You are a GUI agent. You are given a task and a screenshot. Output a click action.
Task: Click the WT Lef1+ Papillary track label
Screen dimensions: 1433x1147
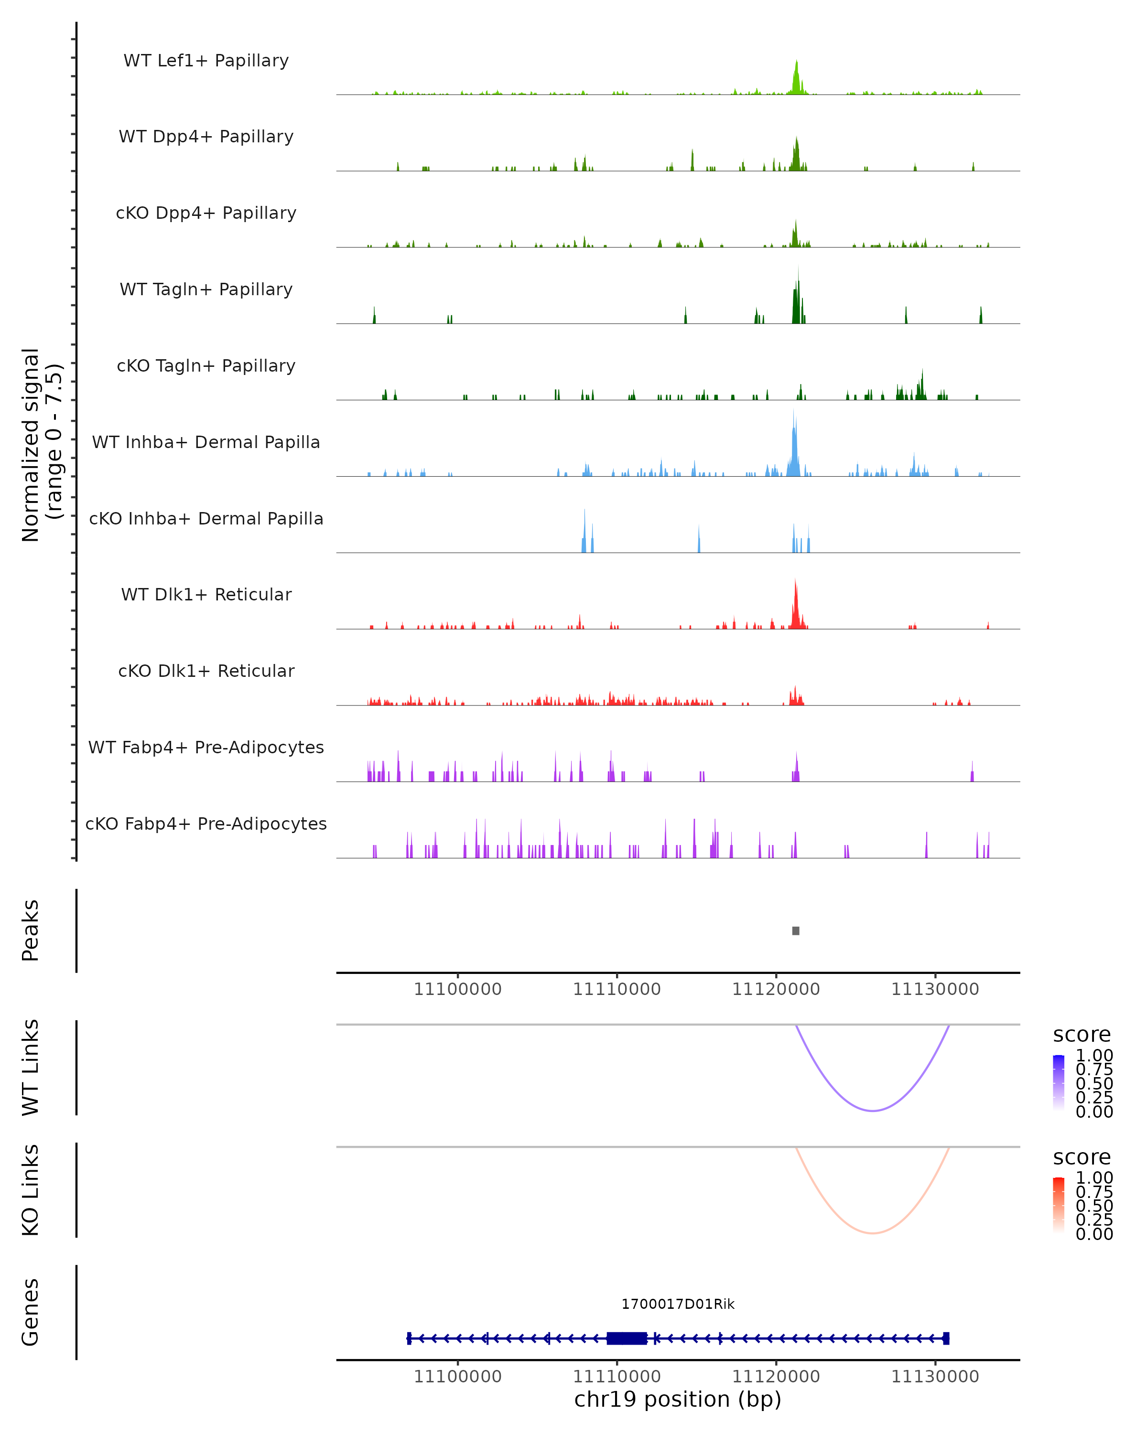pyautogui.click(x=206, y=61)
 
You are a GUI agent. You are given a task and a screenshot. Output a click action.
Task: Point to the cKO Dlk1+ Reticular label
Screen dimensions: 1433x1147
pyautogui.click(x=206, y=671)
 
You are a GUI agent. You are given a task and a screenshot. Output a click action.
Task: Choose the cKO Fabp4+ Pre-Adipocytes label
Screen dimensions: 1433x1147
pyautogui.click(x=206, y=823)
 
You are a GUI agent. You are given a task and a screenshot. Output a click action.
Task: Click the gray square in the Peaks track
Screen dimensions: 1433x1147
pyautogui.click(x=796, y=930)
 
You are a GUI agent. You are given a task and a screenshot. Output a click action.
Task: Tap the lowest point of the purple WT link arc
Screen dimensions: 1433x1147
pyautogui.click(x=872, y=1111)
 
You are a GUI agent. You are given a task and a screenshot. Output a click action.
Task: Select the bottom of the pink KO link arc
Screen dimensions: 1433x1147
pyautogui.click(x=872, y=1233)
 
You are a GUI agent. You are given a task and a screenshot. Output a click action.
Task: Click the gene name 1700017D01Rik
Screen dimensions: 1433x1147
pyautogui.click(x=678, y=1304)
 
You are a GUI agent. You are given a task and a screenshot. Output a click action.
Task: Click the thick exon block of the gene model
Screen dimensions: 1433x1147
pyautogui.click(x=627, y=1338)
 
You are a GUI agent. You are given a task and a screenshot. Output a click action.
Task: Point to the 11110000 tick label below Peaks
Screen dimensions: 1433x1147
pyautogui.click(x=617, y=989)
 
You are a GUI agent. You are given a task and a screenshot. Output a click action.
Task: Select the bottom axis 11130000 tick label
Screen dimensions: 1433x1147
pyautogui.click(x=935, y=1377)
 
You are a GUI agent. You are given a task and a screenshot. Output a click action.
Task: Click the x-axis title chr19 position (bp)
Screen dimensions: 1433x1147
pyautogui.click(x=678, y=1400)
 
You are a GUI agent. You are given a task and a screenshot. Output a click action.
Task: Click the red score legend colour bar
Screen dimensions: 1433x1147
pyautogui.click(x=1059, y=1205)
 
